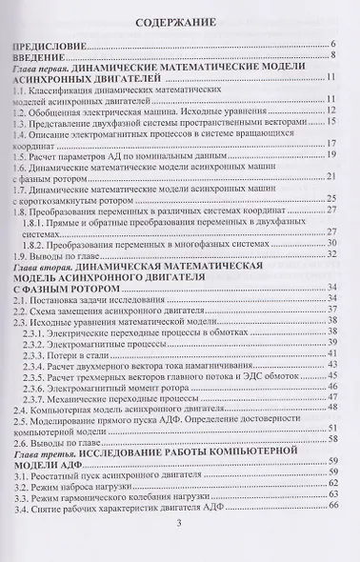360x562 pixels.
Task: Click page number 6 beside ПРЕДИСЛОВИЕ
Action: [333, 46]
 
